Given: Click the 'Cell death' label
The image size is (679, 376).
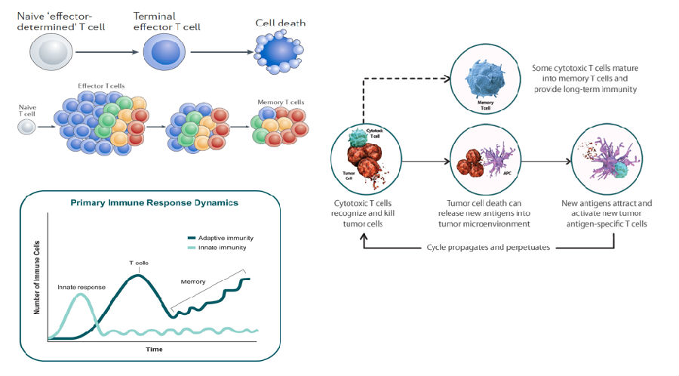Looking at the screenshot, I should [280, 23].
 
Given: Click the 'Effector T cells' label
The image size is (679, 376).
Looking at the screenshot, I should [100, 87].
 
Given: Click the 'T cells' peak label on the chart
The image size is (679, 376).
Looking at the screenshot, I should [138, 264].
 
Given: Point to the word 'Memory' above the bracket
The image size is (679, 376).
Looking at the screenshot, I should [193, 282].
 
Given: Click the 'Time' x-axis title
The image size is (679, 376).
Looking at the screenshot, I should [154, 349].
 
